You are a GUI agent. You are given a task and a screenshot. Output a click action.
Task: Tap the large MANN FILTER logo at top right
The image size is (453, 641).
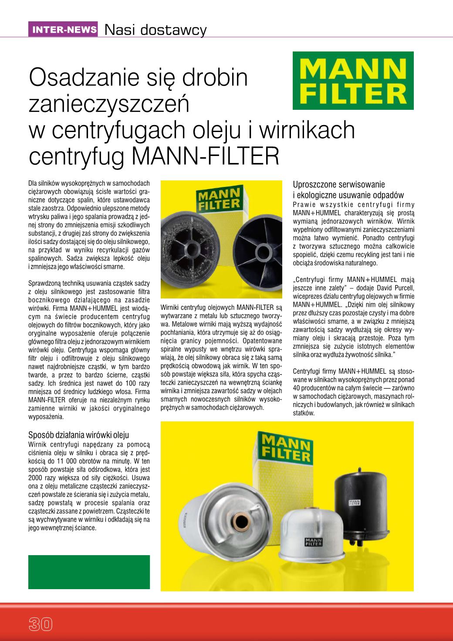pyautogui.click(x=352, y=81)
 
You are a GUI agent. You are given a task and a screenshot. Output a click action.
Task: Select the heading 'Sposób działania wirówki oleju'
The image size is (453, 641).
pyautogui.click(x=78, y=435)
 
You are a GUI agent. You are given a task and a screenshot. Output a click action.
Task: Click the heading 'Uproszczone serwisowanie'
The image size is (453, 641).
pyautogui.click(x=339, y=185)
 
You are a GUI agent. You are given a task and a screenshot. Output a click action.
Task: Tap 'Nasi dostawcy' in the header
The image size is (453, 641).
pyautogui.click(x=155, y=30)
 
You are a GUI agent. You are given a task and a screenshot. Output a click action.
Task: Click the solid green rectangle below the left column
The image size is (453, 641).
pyautogui.click(x=89, y=572)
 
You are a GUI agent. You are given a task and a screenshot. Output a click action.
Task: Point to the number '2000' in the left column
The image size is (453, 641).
pyautogui.click(x=37, y=478)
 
